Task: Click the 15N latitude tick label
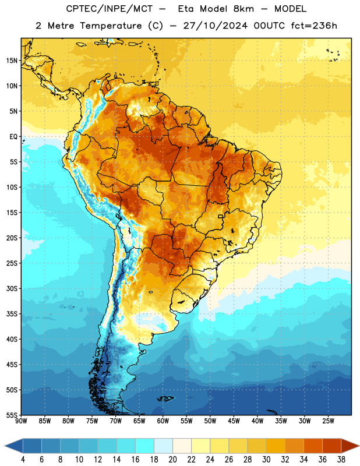[12, 61]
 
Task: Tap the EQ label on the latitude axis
[13, 137]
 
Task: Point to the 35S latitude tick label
[12, 314]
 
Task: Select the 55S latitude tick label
[12, 415]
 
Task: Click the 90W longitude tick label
[21, 421]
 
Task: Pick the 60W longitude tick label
[163, 421]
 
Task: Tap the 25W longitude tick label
[328, 421]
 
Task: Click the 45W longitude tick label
[234, 421]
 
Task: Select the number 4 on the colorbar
[23, 460]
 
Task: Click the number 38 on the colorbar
[341, 460]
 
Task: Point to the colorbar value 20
[172, 460]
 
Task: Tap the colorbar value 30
[266, 460]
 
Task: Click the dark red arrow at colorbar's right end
[350, 446]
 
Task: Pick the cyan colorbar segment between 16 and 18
[145, 446]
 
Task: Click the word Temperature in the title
[111, 26]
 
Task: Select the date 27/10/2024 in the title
[215, 26]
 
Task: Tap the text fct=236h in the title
[314, 26]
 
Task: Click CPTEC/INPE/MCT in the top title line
[109, 9]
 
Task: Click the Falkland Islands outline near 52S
[165, 398]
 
